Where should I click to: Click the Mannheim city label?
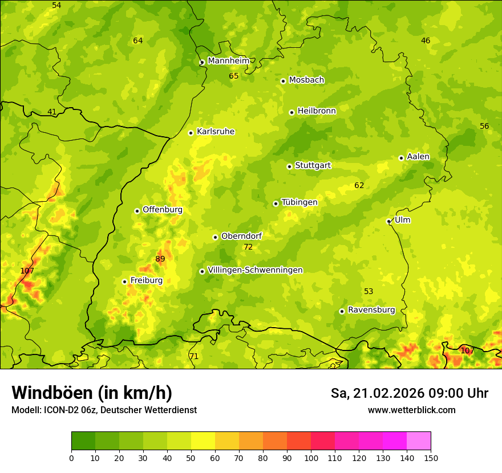pyautogui.click(x=228, y=61)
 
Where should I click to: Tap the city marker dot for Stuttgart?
pyautogui.click(x=289, y=166)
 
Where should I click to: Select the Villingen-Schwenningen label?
pyautogui.click(x=255, y=270)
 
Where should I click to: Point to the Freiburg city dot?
pyautogui.click(x=124, y=282)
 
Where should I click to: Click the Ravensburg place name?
pyautogui.click(x=371, y=310)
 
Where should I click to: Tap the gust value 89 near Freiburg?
pyautogui.click(x=160, y=259)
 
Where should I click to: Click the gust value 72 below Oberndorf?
pyautogui.click(x=248, y=247)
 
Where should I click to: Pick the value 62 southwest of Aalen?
pyautogui.click(x=359, y=186)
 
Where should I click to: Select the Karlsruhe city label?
pyautogui.click(x=215, y=132)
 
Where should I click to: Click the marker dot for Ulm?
pyautogui.click(x=388, y=221)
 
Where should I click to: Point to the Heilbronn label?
pyautogui.click(x=317, y=111)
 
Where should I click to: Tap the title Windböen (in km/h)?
pyautogui.click(x=91, y=393)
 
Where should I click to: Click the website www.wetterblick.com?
pyautogui.click(x=411, y=410)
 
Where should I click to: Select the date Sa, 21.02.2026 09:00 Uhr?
pyautogui.click(x=409, y=393)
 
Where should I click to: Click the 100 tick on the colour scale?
pyautogui.click(x=311, y=458)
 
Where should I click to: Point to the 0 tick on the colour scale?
pyautogui.click(x=71, y=458)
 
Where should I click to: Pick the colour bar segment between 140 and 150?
pyautogui.click(x=419, y=441)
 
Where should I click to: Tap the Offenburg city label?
pyautogui.click(x=163, y=210)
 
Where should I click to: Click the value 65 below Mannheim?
pyautogui.click(x=234, y=76)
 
